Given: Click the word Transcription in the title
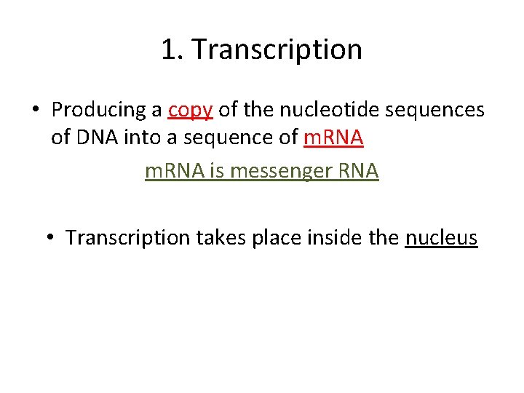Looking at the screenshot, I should tap(277, 49).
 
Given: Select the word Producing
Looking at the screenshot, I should tap(100, 110).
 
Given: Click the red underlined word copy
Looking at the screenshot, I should tap(190, 110).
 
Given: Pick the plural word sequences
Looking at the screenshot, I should tap(439, 110).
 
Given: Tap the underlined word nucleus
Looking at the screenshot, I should tap(441, 237).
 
